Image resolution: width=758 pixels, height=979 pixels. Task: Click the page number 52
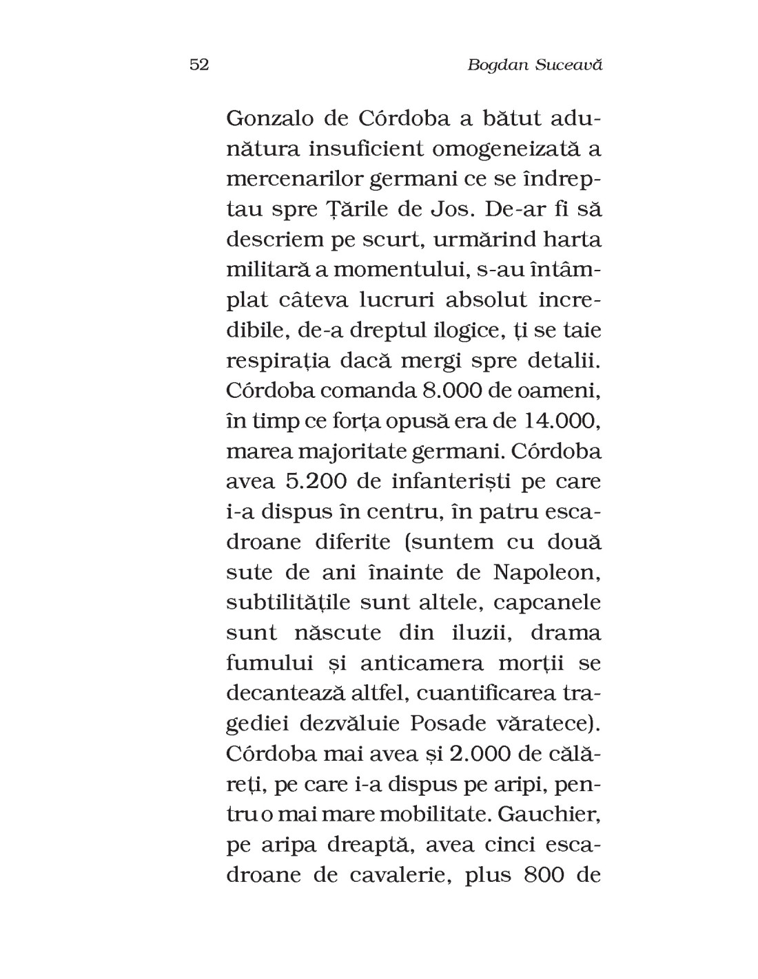click(x=198, y=65)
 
